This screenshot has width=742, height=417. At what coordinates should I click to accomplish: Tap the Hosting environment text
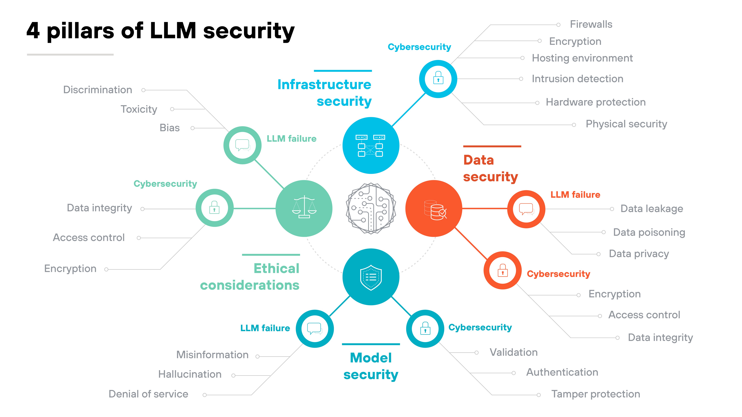pyautogui.click(x=582, y=58)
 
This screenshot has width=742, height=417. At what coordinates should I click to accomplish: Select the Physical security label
pyautogui.click(x=626, y=124)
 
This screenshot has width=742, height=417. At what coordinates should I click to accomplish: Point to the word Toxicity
pyautogui.click(x=139, y=109)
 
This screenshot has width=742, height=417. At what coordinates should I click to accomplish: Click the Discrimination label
pyautogui.click(x=98, y=90)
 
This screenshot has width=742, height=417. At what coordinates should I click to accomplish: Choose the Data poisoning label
pyautogui.click(x=649, y=232)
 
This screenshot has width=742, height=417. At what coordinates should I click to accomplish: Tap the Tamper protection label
pyautogui.click(x=595, y=394)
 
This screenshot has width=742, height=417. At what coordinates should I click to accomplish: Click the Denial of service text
pyautogui.click(x=148, y=394)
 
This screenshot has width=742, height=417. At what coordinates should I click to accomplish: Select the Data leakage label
pyautogui.click(x=652, y=209)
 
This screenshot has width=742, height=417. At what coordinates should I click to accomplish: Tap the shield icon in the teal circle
pyautogui.click(x=371, y=277)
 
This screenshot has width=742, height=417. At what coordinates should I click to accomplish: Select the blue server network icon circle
pyautogui.click(x=371, y=145)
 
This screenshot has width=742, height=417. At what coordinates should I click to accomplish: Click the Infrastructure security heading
pyautogui.click(x=325, y=93)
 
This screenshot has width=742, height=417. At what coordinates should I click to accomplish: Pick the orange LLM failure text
pyautogui.click(x=575, y=195)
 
